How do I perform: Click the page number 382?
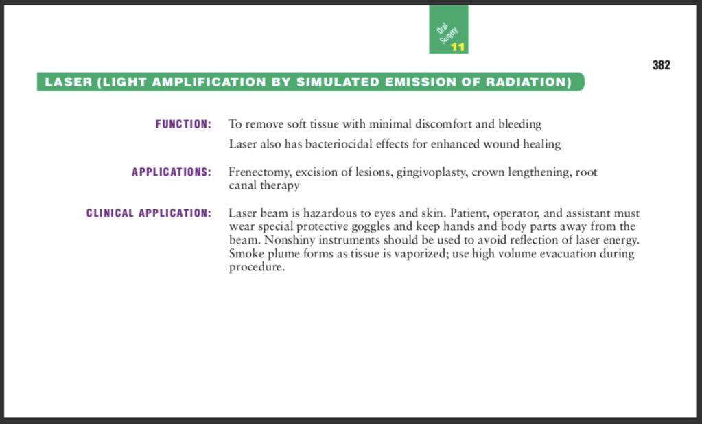pos(662,65)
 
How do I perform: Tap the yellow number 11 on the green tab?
pos(458,47)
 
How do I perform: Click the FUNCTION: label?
pos(183,124)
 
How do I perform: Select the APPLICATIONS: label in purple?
pos(171,172)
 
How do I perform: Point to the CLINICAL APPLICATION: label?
pos(148,213)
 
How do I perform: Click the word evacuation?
pos(576,254)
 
